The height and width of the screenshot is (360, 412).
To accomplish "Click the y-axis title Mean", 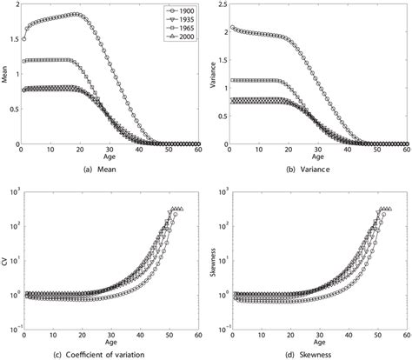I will (x=5, y=74).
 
